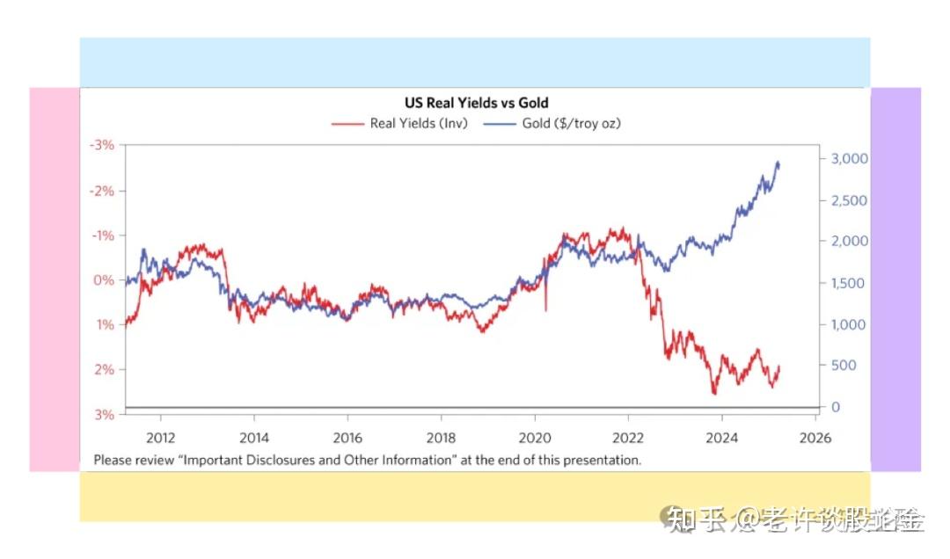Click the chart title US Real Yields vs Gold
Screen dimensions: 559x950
(476, 104)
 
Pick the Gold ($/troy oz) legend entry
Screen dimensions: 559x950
(571, 124)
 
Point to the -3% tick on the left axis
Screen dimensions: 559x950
(104, 145)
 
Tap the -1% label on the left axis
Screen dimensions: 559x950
(104, 236)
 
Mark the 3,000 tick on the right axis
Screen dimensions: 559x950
(850, 159)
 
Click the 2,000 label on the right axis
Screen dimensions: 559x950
(850, 242)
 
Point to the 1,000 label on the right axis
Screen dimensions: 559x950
(850, 324)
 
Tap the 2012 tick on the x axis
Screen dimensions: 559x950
(160, 437)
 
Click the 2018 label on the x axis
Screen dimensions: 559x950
(441, 437)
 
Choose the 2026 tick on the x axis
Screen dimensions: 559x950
(815, 437)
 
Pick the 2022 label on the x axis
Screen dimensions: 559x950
(628, 437)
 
